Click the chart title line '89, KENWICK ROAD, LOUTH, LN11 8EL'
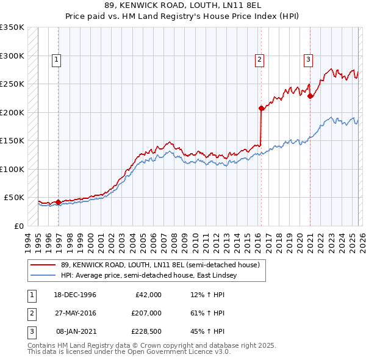tap(183, 5)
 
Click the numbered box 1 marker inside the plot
tap(56, 60)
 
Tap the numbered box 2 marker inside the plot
tap(259, 60)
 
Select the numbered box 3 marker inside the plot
tap(309, 60)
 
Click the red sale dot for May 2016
tap(262, 109)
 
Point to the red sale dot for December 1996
tap(59, 202)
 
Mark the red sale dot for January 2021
tap(310, 96)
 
